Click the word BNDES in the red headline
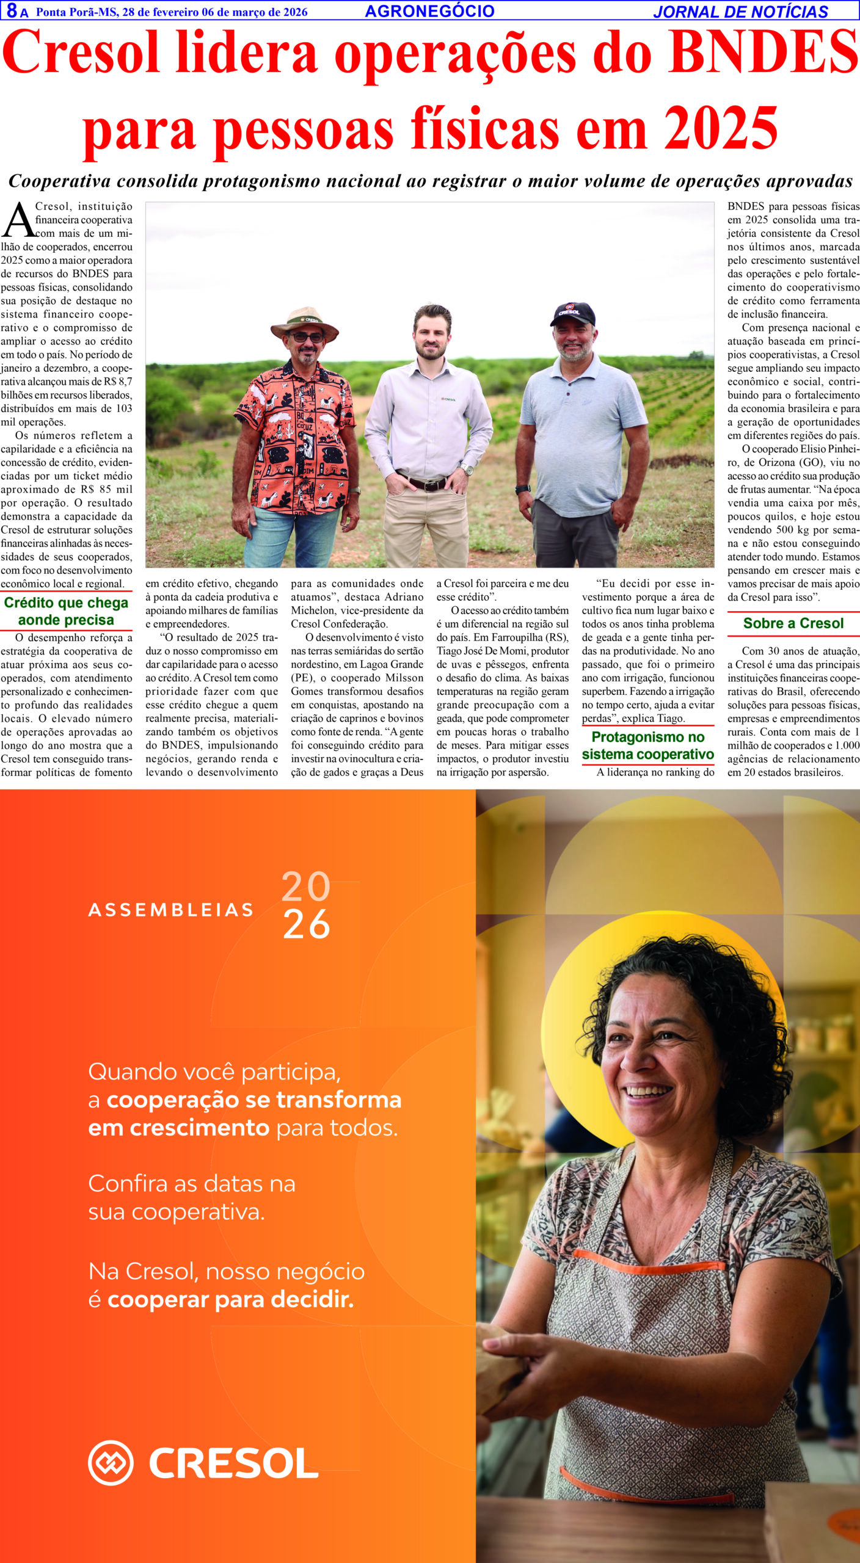point(763,54)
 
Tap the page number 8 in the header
point(12,11)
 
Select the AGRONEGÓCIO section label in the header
point(429,11)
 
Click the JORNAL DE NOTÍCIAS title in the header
point(740,12)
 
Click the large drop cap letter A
point(18,221)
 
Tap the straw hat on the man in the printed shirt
point(305,322)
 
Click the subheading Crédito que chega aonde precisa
point(66,611)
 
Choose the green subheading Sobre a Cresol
point(793,623)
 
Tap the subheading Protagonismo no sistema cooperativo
point(647,745)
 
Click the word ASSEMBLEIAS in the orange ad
point(171,910)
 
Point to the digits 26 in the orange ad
point(306,925)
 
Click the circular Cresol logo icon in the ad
point(111,1463)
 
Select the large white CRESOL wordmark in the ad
point(234,1463)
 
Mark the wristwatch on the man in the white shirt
point(467,469)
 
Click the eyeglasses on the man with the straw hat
point(307,337)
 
